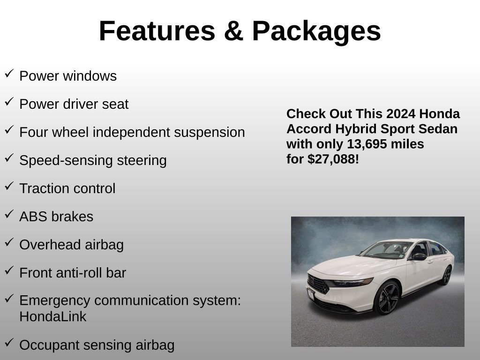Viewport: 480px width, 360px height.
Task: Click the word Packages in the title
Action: click(x=316, y=31)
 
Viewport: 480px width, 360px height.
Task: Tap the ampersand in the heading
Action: click(x=233, y=31)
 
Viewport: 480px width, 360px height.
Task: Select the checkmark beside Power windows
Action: click(x=9, y=74)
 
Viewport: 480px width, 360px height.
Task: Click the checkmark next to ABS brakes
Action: click(x=9, y=214)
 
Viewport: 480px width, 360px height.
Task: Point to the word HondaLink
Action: click(x=53, y=316)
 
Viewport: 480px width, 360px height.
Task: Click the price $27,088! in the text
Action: click(x=333, y=159)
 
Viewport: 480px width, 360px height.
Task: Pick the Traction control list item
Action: click(x=67, y=188)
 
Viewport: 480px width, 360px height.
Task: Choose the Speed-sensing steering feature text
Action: click(x=93, y=160)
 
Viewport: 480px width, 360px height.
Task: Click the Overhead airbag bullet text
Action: click(x=71, y=245)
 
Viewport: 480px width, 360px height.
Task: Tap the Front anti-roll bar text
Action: click(x=73, y=273)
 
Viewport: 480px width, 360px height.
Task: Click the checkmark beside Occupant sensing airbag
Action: click(x=9, y=343)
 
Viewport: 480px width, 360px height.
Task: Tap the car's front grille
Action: click(x=319, y=284)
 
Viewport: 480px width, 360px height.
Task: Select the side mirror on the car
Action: click(x=419, y=256)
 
